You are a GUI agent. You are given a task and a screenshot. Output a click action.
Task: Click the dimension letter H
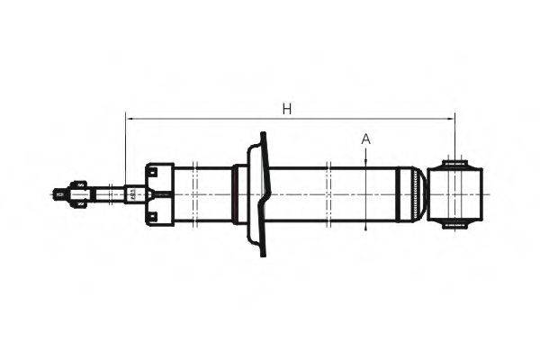click(x=286, y=109)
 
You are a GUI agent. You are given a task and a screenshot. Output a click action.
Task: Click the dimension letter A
click(x=365, y=139)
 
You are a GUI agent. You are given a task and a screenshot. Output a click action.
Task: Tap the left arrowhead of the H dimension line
click(x=130, y=118)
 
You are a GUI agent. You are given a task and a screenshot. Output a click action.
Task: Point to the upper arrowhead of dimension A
click(x=365, y=158)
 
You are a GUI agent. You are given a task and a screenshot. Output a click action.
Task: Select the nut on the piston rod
click(x=79, y=193)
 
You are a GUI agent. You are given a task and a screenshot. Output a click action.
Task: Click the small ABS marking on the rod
click(x=135, y=193)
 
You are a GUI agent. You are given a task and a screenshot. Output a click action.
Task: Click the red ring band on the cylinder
click(x=236, y=193)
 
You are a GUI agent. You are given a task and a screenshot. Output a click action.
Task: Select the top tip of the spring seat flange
click(x=262, y=137)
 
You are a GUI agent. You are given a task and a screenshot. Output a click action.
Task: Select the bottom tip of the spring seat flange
click(x=264, y=253)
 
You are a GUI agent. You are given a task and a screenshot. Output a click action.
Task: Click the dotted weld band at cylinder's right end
click(x=415, y=193)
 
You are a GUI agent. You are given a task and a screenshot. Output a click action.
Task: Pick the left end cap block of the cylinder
click(x=158, y=193)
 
